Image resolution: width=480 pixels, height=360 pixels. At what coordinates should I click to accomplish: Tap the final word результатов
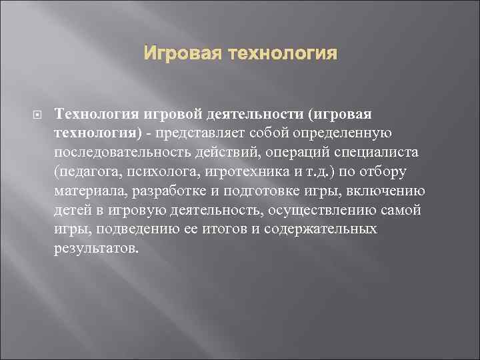97,249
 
